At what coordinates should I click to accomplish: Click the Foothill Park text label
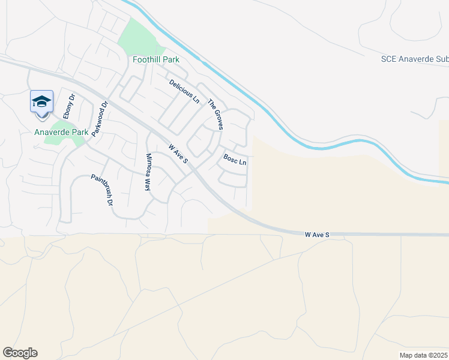157,60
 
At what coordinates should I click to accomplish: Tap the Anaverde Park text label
61,132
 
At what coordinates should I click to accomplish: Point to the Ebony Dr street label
68,106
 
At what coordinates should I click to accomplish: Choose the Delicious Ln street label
184,91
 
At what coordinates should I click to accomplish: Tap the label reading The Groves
215,115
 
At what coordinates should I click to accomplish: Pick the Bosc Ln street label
235,160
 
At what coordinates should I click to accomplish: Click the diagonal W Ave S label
178,154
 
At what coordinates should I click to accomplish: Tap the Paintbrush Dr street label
102,190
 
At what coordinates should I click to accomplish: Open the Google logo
20,353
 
